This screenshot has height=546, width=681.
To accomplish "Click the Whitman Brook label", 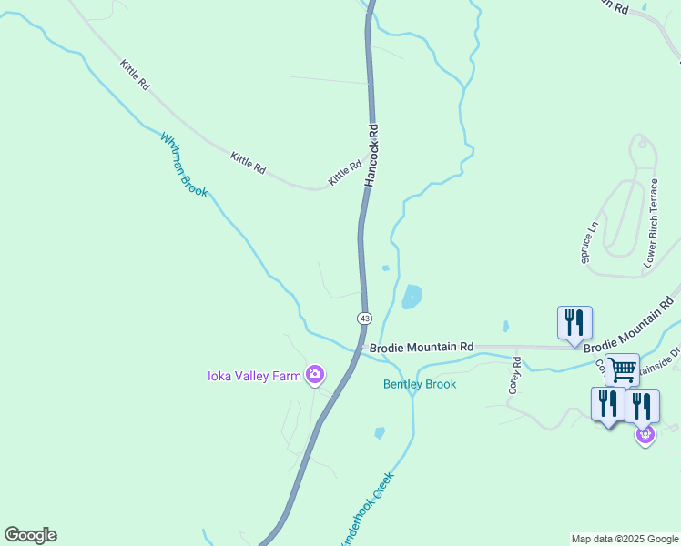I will [185, 165].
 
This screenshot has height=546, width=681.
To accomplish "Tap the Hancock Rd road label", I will [371, 157].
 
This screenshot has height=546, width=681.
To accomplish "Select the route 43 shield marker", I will [364, 318].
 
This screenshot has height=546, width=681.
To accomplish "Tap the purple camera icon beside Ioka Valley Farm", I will [315, 373].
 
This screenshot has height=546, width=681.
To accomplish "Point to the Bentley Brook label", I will [419, 384].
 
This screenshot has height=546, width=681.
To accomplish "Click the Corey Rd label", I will [516, 374].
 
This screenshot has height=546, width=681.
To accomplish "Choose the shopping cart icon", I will [622, 369].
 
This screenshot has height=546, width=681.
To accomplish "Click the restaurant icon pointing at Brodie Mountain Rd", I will [574, 322].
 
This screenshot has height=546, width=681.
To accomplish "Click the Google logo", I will [30, 535].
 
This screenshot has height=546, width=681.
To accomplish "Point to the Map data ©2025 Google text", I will [625, 539].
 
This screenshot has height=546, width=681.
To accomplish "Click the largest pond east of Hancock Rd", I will [412, 296].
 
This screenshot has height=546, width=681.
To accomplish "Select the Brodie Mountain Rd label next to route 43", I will [422, 347].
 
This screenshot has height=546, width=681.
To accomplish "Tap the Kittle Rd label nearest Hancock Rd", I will [346, 173].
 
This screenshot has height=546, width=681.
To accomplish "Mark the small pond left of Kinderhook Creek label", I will [380, 433].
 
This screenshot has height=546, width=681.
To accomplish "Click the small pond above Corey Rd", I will [505, 326].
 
